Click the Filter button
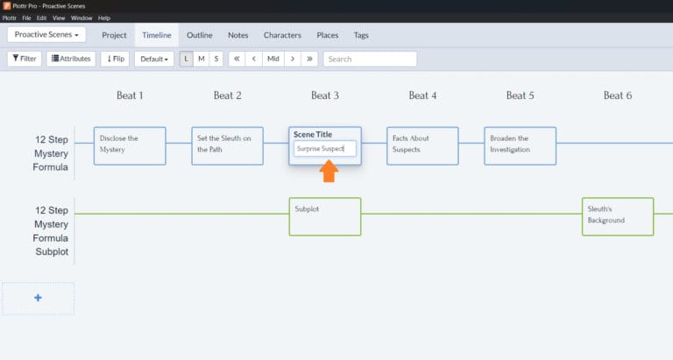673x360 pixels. point(25,59)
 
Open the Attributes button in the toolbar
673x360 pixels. point(71,59)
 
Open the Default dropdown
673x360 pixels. point(154,59)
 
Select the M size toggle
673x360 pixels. point(202,59)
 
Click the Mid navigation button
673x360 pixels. point(273,59)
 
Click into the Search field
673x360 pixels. point(370,59)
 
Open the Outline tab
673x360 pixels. point(200,35)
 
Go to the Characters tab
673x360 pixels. point(282,35)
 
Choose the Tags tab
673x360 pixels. point(361,35)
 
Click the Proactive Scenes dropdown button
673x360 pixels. point(46,35)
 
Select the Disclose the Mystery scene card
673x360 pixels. point(130,146)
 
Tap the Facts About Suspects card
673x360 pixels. point(422,146)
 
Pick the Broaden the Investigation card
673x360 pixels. point(521,146)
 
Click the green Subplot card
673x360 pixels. point(325,216)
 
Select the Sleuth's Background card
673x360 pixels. point(618,216)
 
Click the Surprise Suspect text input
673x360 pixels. point(325,149)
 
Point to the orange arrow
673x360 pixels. point(329,171)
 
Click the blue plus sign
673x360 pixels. point(38,298)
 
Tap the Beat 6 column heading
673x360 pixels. point(618,95)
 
